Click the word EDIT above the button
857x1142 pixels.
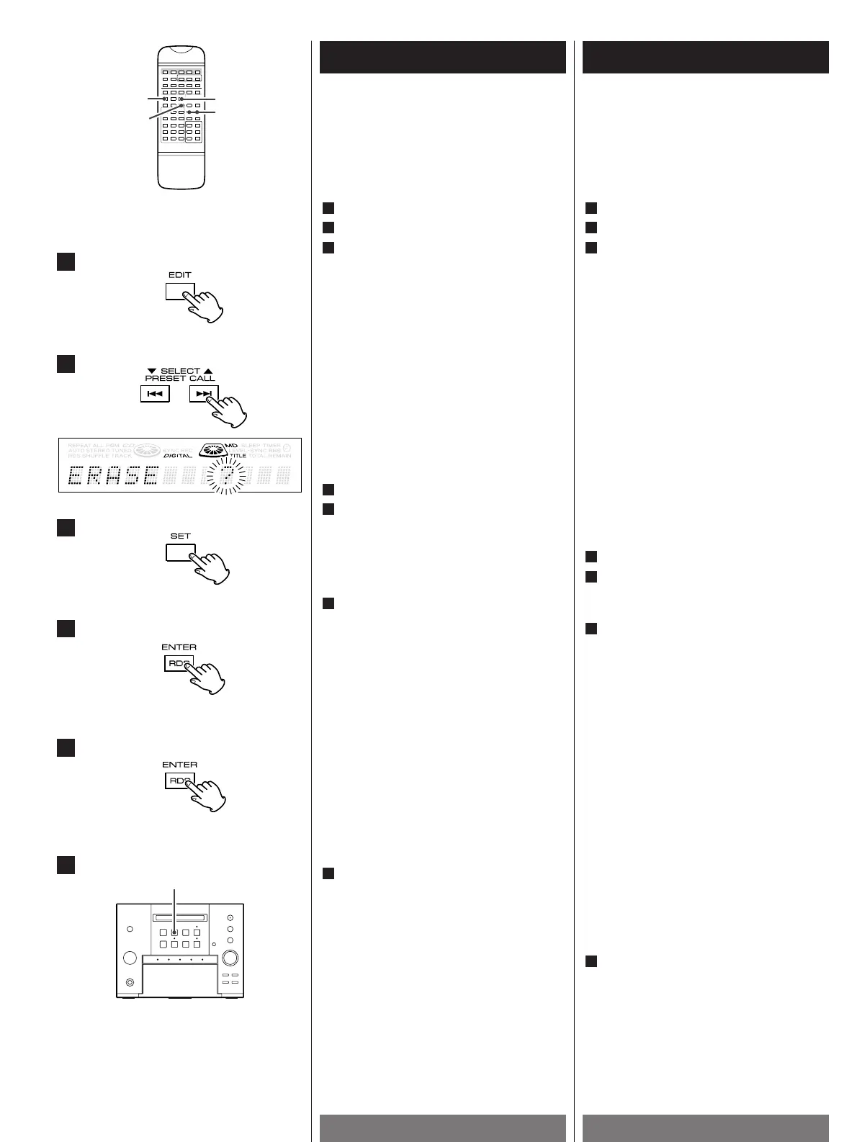(x=180, y=275)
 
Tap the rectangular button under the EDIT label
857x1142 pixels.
(x=179, y=291)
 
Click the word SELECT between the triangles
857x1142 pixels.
(x=180, y=371)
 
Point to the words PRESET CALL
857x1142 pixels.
(x=180, y=379)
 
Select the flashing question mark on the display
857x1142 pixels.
(x=225, y=475)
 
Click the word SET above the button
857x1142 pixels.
(x=180, y=536)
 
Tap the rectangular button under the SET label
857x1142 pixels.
(x=180, y=552)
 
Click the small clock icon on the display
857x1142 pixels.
(x=287, y=447)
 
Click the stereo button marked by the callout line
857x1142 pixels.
(x=174, y=932)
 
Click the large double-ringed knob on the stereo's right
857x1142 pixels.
(x=230, y=958)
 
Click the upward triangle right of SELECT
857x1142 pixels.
(x=208, y=371)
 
